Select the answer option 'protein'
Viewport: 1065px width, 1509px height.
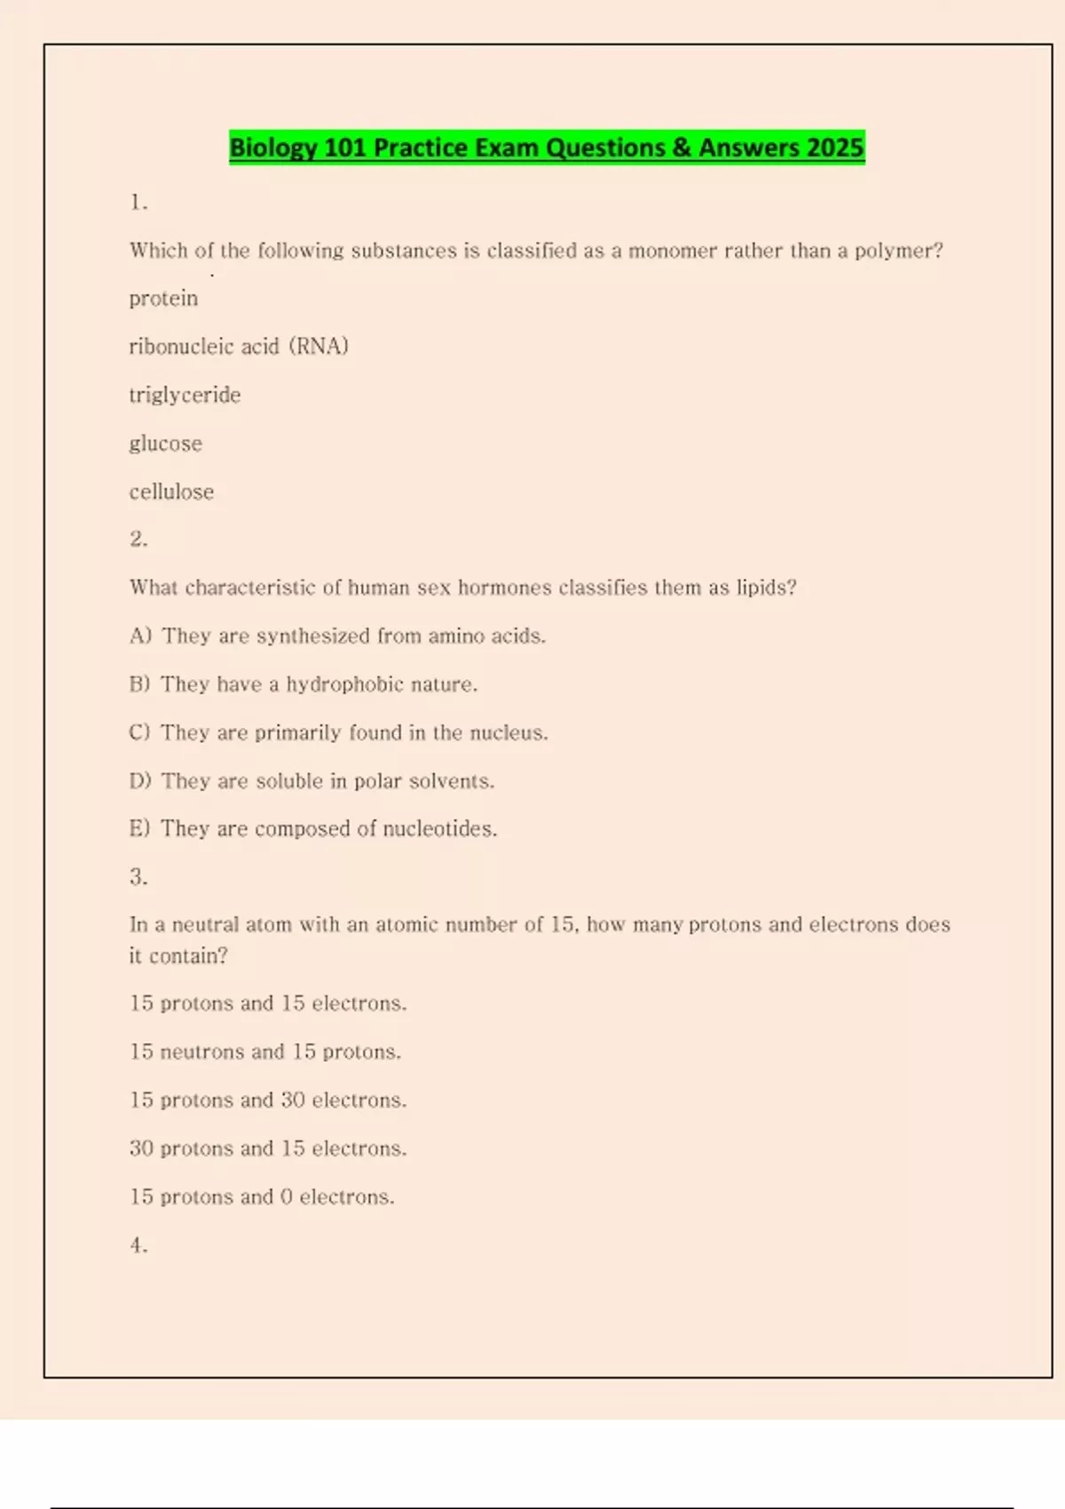(163, 298)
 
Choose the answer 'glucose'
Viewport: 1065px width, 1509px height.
(165, 444)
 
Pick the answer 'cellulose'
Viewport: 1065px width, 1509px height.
(171, 492)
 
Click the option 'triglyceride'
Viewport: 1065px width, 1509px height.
(185, 395)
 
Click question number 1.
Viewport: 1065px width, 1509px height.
(138, 202)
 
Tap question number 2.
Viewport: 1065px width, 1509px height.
(138, 539)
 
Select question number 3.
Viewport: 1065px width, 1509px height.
(138, 877)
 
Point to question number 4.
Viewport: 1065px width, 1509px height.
(138, 1245)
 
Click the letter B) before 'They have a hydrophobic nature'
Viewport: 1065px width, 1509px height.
(139, 684)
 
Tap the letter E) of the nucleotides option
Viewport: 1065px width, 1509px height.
(139, 829)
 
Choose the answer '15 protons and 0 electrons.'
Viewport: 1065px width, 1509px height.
(262, 1197)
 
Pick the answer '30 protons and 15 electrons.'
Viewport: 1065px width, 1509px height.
(268, 1149)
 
